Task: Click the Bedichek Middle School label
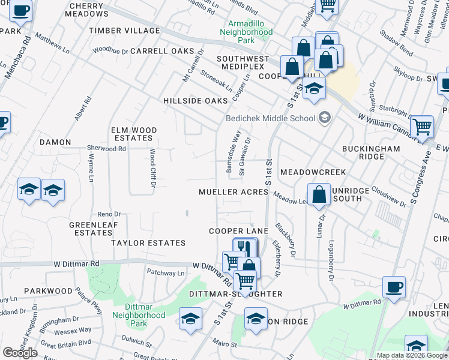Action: [270, 118]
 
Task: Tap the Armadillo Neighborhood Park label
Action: [246, 32]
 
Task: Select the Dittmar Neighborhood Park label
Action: [139, 315]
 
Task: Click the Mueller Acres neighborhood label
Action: [234, 192]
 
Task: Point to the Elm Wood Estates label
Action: [133, 134]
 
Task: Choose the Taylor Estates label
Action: [148, 243]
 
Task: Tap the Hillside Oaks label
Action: [196, 101]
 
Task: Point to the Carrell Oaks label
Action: [163, 51]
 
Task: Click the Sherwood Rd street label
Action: [106, 148]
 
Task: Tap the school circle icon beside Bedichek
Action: [325, 118]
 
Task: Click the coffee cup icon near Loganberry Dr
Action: [394, 287]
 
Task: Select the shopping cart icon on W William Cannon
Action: [423, 127]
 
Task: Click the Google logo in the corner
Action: [20, 353]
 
